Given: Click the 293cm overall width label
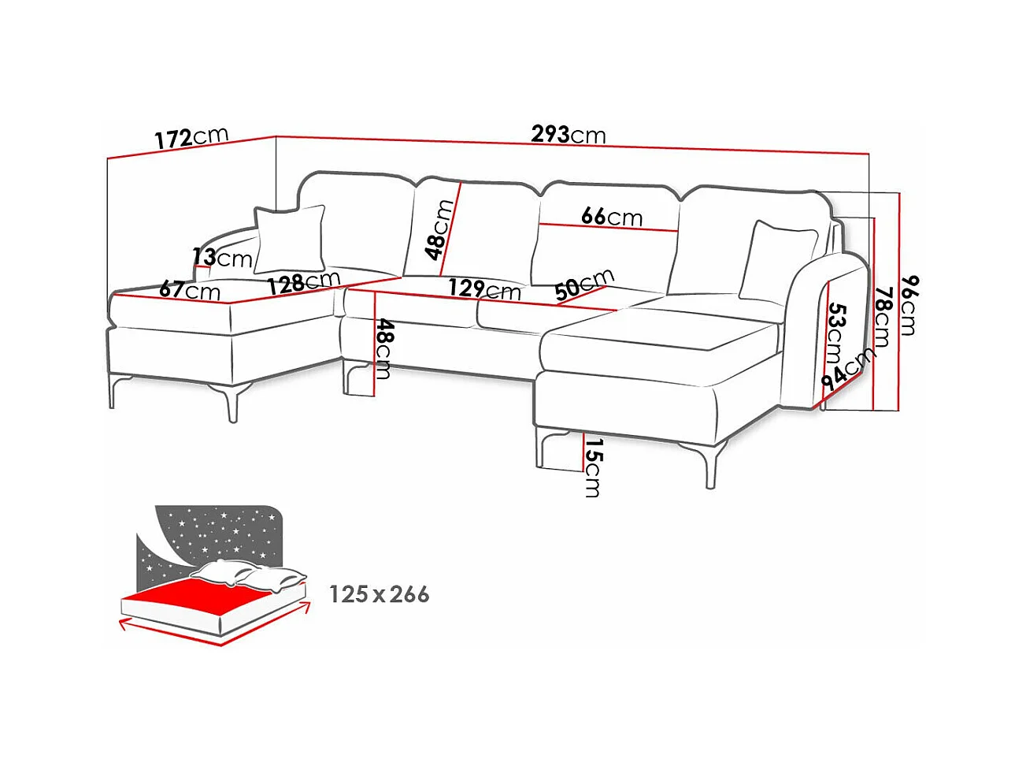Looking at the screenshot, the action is tap(568, 135).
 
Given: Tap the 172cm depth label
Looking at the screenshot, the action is tap(191, 138).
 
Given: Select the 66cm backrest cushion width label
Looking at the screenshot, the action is tap(611, 216).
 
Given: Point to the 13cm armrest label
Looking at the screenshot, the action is tap(222, 257).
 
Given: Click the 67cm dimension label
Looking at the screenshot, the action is tap(190, 290).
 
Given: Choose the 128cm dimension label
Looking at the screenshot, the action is tap(303, 281).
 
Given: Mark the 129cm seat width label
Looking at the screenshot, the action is tap(484, 289).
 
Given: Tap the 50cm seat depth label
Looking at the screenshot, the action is tap(583, 284).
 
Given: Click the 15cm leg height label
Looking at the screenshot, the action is tap(592, 467).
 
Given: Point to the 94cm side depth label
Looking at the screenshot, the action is tap(847, 369).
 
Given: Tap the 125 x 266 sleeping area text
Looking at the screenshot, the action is tap(379, 593).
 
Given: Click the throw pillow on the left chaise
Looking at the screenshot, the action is tap(290, 238).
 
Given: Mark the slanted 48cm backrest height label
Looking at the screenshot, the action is tap(439, 229).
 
